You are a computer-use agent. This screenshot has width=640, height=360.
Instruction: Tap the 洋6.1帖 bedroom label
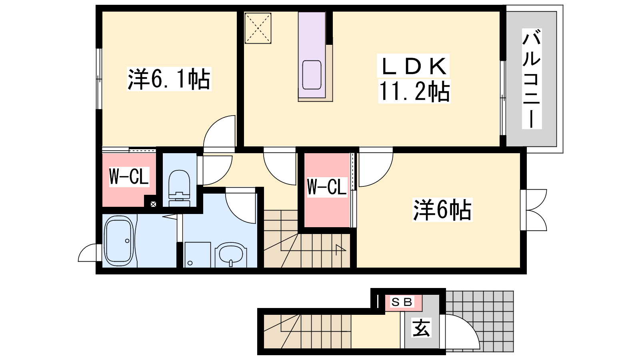point(169,79)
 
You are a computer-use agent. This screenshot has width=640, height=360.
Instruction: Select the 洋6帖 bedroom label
point(442,210)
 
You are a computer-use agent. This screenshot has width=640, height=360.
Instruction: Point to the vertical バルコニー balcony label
point(532,78)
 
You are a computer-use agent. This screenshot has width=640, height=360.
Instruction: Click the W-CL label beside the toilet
point(129,177)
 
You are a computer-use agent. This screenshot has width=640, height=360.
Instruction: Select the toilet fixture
point(180,188)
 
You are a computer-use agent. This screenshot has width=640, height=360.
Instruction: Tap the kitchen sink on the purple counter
point(312,75)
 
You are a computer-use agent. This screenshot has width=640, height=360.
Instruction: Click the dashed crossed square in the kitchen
point(258,28)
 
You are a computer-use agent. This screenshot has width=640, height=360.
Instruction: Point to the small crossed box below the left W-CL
point(154,204)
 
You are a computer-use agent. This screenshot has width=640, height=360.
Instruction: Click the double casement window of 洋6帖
point(534,210)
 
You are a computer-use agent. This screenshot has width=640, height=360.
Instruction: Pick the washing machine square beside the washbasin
point(198,255)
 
